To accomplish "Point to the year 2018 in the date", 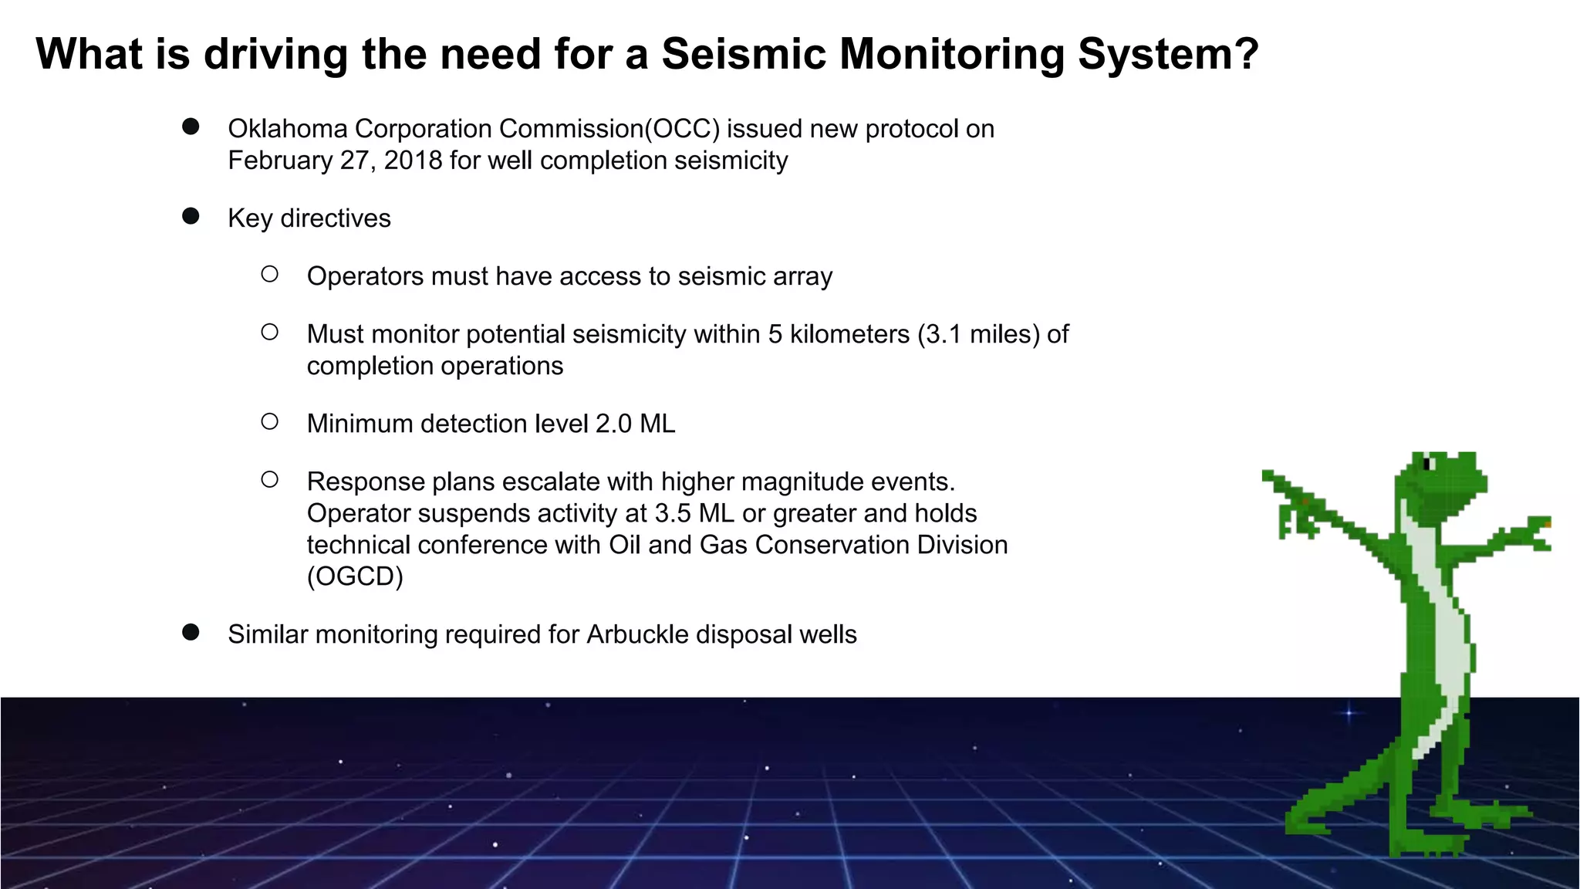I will [413, 161].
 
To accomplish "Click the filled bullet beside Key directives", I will [191, 216].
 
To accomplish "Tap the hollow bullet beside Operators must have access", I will [269, 274].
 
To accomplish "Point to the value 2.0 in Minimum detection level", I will [613, 424].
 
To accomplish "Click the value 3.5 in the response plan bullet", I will [673, 513].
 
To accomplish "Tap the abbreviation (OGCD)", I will [355, 576].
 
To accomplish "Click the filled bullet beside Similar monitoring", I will [191, 633].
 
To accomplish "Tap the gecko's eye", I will [1427, 464].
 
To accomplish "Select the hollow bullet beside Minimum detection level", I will [269, 421].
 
